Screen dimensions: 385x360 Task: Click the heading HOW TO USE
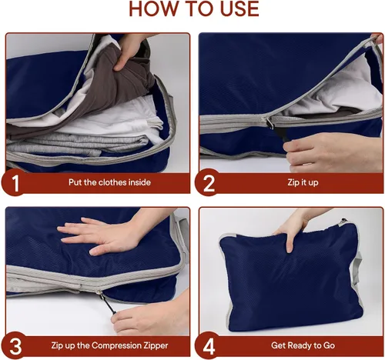tap(194, 9)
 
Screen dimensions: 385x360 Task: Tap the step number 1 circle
tap(15, 182)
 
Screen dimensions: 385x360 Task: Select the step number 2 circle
tap(208, 182)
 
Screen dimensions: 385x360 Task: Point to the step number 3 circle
tap(15, 345)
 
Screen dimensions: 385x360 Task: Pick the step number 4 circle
tap(208, 345)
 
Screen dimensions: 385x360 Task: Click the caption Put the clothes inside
tap(109, 182)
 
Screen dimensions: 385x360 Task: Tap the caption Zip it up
tap(303, 182)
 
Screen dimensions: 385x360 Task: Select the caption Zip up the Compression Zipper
tap(109, 345)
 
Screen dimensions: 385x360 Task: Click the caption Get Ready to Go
tap(303, 345)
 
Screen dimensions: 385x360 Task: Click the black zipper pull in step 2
tap(279, 133)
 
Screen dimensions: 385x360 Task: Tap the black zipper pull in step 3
tap(108, 305)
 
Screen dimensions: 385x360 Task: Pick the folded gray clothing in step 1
tap(77, 146)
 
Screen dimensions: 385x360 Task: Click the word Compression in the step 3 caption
tap(115, 345)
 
